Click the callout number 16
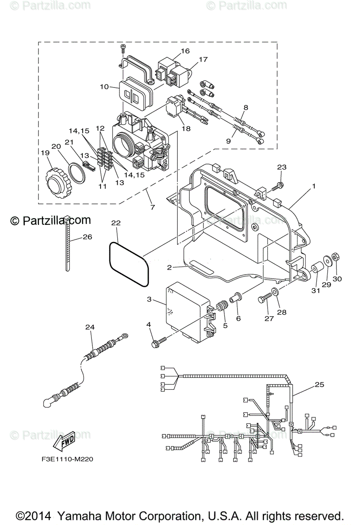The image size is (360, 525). pos(185,51)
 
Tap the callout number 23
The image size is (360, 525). pos(282,167)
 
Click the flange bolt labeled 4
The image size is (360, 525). pos(158,342)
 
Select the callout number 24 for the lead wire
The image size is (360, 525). pos(90,327)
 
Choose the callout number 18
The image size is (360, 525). pos(186,129)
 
